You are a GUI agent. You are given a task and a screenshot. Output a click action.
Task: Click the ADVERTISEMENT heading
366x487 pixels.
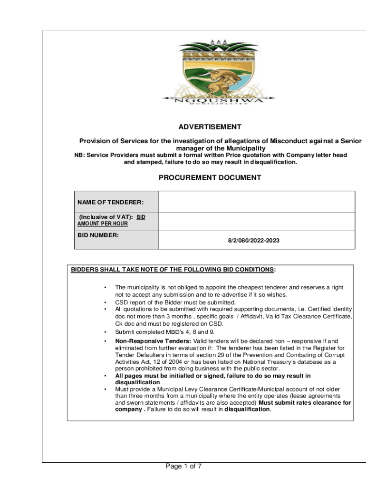210,127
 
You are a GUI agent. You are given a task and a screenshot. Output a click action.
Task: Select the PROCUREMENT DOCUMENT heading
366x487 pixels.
210,178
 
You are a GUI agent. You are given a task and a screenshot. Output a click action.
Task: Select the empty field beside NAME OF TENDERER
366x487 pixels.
257,202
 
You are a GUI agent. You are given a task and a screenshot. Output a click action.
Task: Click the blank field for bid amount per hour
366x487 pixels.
257,221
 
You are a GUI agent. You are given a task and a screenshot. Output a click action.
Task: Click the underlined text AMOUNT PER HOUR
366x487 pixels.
103,224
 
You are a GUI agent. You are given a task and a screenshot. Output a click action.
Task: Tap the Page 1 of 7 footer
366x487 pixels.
183,467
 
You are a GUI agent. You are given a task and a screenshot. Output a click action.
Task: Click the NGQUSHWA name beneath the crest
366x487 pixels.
218,100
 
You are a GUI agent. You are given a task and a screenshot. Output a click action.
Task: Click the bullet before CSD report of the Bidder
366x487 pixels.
104,302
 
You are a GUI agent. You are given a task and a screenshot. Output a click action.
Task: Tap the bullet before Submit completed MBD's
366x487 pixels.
104,332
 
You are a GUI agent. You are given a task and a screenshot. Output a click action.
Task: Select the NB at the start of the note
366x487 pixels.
78,155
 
